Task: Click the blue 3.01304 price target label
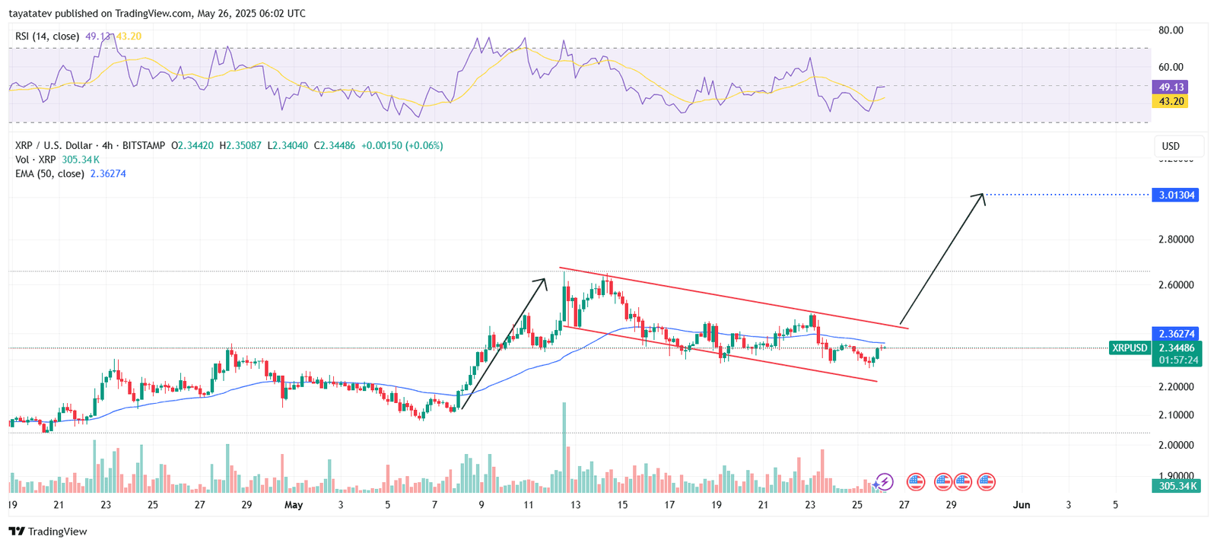(1176, 195)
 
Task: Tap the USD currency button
(1171, 146)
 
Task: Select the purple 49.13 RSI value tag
(1171, 87)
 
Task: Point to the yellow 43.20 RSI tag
(1171, 101)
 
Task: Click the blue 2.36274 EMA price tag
(1177, 334)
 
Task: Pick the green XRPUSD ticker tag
(1130, 348)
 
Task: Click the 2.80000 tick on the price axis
(1175, 240)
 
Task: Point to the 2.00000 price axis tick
(1175, 445)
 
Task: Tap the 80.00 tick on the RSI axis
(1171, 30)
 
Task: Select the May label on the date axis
(294, 505)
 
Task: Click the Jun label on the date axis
(1022, 505)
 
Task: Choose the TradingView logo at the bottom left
(48, 532)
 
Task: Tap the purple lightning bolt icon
(884, 481)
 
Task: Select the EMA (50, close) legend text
(49, 174)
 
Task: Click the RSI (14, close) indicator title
(47, 37)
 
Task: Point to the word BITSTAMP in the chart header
(143, 145)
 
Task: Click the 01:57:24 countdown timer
(1176, 360)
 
